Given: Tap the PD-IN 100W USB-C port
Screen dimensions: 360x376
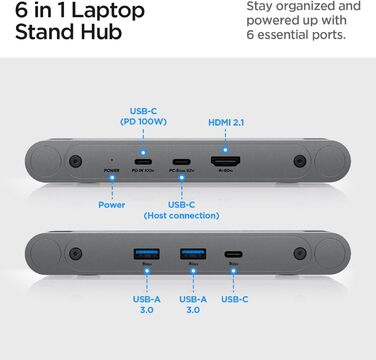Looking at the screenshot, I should tap(144, 160).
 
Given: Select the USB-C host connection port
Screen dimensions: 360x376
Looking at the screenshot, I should tap(181, 160).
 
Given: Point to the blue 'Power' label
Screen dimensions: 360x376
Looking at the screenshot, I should tap(111, 206).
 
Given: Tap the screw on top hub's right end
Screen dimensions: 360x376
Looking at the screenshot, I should tap(298, 161).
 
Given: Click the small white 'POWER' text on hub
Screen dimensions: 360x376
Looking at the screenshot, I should tap(111, 170).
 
